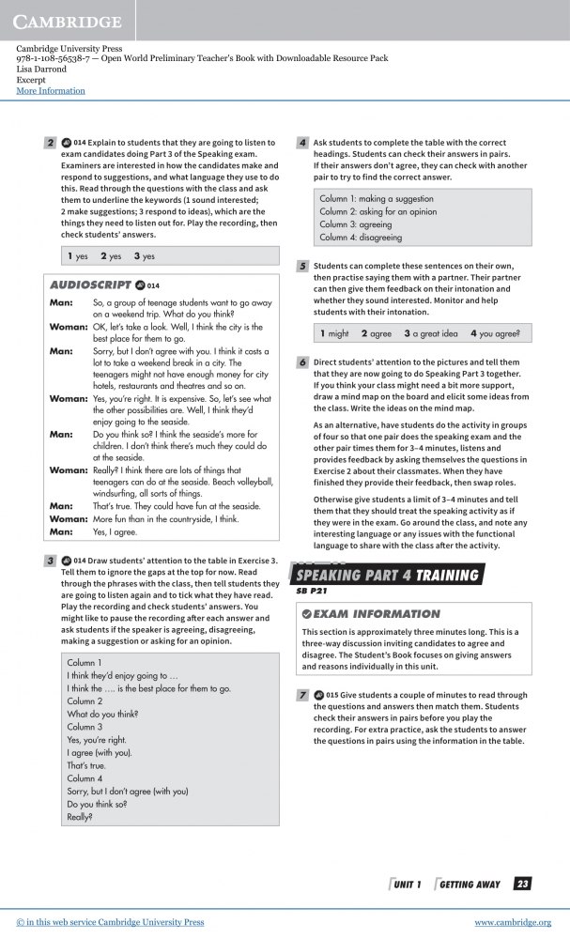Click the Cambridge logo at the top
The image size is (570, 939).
pos(68,21)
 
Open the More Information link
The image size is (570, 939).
pos(51,91)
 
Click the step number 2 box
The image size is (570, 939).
pos(50,143)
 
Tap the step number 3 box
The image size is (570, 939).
pos(50,561)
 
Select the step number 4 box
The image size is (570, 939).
pos(302,143)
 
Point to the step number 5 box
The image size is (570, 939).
pos(302,266)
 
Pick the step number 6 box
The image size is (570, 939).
pos(302,362)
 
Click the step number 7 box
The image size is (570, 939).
pos(302,695)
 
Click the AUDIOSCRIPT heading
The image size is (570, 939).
pos(89,285)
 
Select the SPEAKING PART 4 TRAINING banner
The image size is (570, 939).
pos(388,576)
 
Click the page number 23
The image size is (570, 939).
pos(523,884)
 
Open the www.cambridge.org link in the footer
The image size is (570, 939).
pos(513,922)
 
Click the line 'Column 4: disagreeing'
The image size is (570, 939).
pos(360,238)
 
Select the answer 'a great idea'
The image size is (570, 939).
pos(436,333)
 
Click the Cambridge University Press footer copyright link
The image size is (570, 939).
pos(110,922)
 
